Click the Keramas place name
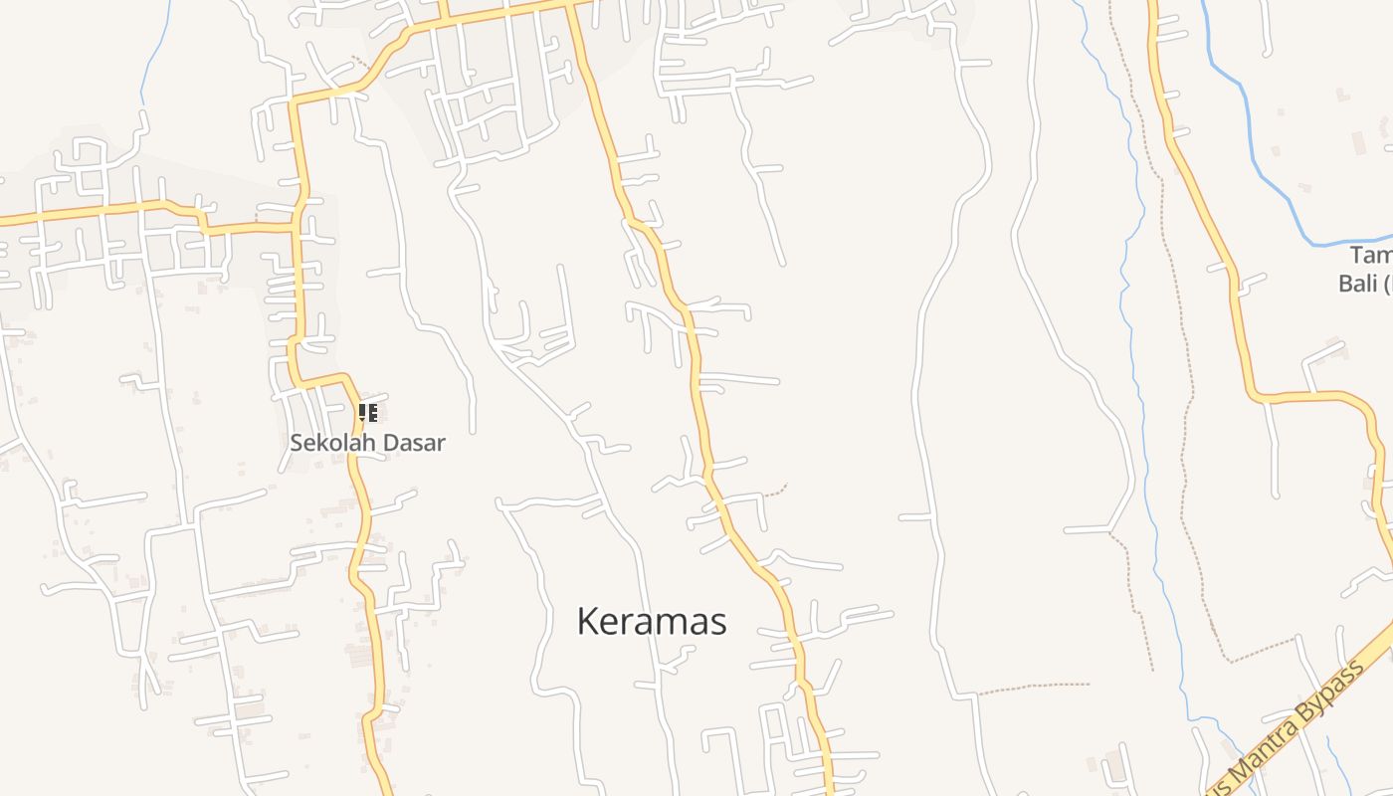click(652, 622)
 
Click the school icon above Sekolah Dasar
click(367, 412)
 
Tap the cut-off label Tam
click(1370, 257)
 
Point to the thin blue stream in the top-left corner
click(149, 60)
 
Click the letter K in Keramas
click(587, 622)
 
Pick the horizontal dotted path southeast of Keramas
click(1035, 686)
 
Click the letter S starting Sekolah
click(297, 443)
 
